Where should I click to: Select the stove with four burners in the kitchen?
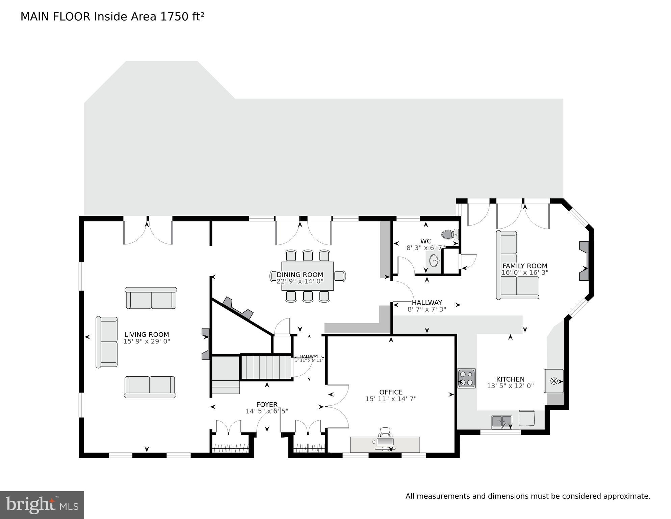click(467, 378)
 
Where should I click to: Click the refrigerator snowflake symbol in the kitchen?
click(554, 381)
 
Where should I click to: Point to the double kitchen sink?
click(502, 422)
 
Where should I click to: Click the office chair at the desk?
click(385, 432)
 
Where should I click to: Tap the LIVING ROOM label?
click(147, 335)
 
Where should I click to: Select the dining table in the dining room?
click(308, 276)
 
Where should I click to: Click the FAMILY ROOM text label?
click(525, 266)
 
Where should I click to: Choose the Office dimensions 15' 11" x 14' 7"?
click(391, 399)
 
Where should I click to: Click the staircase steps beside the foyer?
click(266, 367)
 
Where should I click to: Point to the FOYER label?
click(267, 405)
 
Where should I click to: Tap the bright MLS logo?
click(42, 505)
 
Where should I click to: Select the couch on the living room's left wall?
click(107, 342)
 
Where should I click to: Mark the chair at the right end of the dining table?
click(340, 276)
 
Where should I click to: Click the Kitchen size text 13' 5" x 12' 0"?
click(510, 386)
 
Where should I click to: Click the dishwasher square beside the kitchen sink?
click(526, 418)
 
